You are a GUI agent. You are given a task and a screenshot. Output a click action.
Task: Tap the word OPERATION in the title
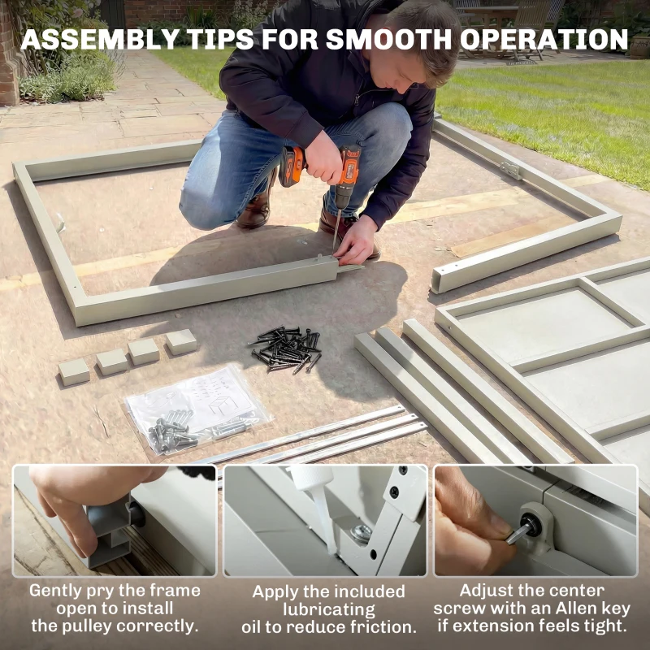point(544,39)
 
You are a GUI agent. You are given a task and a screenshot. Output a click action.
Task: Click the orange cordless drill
point(321,174)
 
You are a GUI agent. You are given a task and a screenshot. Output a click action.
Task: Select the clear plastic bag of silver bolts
point(198,410)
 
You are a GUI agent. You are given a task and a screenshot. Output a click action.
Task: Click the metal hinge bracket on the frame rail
point(511,170)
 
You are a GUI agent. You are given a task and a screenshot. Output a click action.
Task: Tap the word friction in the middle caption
point(381,626)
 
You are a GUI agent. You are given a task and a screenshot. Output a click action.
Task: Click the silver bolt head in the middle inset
point(361,535)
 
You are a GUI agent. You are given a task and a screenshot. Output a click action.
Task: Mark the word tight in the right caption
point(605,626)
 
